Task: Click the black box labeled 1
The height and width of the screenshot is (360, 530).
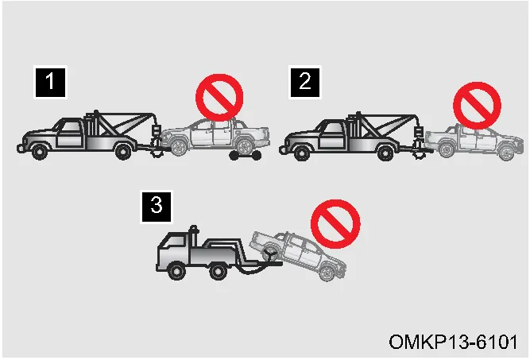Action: coord(50,82)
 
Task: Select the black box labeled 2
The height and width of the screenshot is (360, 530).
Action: coord(304,82)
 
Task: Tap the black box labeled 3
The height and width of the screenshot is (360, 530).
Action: coord(157,207)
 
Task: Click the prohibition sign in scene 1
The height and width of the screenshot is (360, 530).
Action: coord(219,98)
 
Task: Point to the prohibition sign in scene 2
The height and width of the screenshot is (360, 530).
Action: coord(477,106)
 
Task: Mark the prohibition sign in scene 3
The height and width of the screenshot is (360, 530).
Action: coord(335,224)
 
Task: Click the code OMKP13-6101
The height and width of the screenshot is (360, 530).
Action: coord(453,342)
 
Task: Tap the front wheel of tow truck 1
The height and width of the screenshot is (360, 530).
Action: coord(40,152)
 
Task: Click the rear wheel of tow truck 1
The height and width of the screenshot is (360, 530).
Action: coord(123,152)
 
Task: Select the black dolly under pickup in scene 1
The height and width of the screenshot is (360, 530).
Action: coord(245,156)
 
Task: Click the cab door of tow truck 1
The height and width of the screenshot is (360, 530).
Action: coord(70,134)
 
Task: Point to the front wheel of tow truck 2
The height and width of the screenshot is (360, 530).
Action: coord(302,153)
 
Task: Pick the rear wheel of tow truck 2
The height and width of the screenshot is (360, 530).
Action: coord(385,153)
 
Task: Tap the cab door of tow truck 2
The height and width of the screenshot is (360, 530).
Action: coord(332,135)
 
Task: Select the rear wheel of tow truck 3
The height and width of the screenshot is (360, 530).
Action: coord(218,271)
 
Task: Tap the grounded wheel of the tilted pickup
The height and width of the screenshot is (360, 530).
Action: coord(327,273)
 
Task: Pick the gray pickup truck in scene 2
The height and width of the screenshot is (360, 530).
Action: coord(474,142)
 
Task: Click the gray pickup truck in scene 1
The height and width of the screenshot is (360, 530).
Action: coord(215,137)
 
